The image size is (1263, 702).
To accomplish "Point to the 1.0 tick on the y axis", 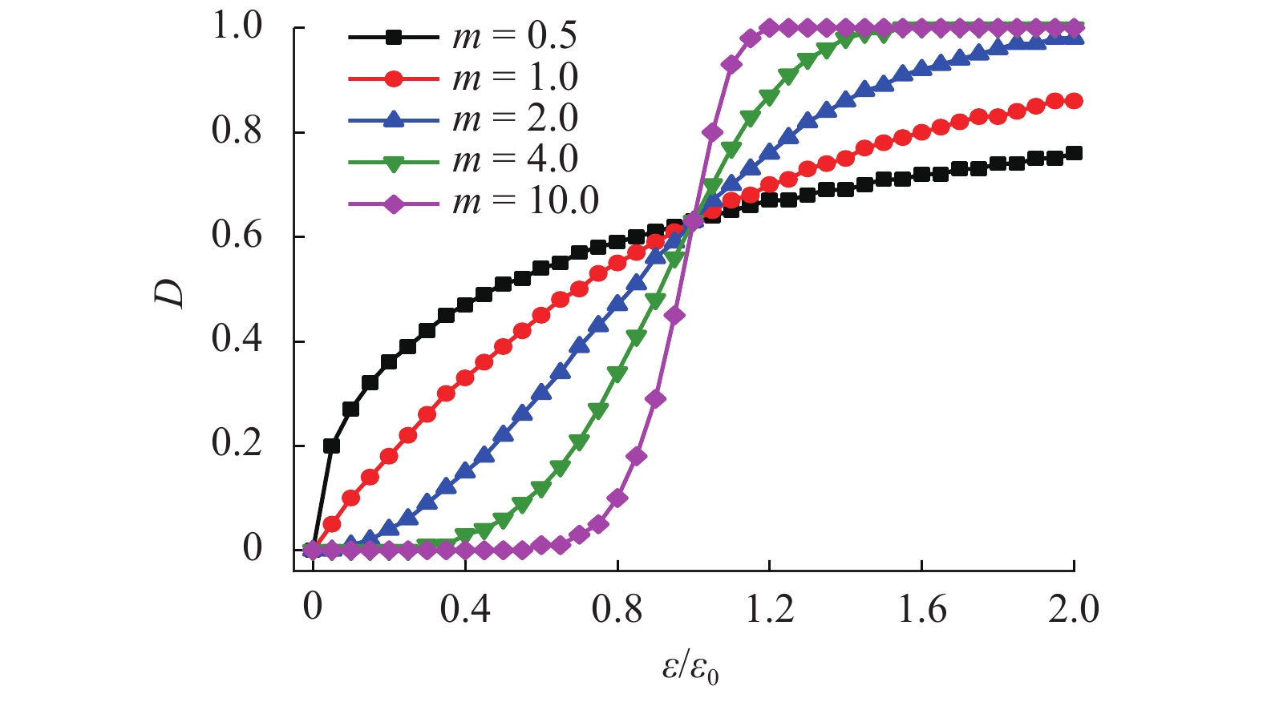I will click(237, 26).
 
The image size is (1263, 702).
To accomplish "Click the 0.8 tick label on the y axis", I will click(237, 131).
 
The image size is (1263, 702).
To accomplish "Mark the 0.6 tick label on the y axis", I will click(237, 236).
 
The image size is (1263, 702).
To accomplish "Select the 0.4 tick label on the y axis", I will click(237, 340).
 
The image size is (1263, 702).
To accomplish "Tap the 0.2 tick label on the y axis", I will click(237, 444).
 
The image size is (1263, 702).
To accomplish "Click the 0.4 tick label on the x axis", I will click(465, 610).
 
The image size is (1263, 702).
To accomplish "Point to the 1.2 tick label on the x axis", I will click(770, 610).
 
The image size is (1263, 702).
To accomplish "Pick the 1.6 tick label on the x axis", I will click(922, 610).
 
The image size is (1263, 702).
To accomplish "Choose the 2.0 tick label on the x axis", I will click(1074, 610).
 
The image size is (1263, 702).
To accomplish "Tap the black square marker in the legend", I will click(393, 37).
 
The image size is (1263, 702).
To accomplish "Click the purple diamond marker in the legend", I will click(393, 202).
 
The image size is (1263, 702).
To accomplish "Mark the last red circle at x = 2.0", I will click(1074, 101).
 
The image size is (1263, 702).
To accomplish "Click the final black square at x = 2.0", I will click(1074, 154).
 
